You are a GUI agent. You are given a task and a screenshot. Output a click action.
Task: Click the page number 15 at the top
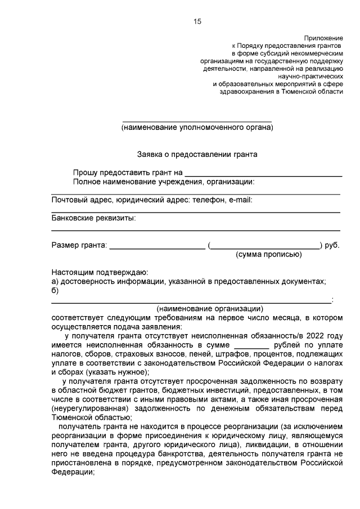click(x=197, y=21)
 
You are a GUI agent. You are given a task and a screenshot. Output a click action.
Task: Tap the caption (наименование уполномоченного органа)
click(x=197, y=128)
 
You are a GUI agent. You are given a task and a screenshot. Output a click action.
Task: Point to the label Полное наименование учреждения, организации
click(x=163, y=182)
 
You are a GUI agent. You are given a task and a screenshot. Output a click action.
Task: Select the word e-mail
click(x=240, y=200)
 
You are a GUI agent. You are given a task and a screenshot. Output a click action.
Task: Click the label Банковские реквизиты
click(x=93, y=218)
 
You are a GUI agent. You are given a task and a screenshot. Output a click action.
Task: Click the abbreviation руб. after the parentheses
click(x=331, y=245)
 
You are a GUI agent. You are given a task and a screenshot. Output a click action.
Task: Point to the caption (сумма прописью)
click(x=268, y=254)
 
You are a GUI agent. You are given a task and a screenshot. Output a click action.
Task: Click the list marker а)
click(x=55, y=281)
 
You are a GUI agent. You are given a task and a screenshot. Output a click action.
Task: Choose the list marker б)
click(x=55, y=290)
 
